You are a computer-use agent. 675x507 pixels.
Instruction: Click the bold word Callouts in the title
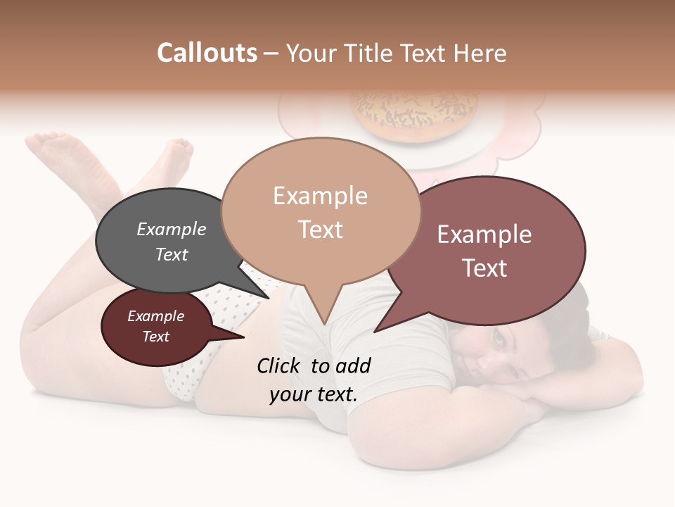click(207, 53)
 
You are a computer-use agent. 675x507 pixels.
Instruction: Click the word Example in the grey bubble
click(171, 230)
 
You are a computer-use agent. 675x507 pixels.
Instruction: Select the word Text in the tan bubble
click(321, 230)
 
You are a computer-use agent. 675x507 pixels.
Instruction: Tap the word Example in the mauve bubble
click(484, 234)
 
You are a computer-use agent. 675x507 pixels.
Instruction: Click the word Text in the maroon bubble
click(156, 337)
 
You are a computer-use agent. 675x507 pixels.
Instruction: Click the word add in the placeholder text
click(352, 365)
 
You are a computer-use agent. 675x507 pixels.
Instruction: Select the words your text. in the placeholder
click(313, 394)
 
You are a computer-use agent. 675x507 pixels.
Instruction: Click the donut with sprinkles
click(415, 113)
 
